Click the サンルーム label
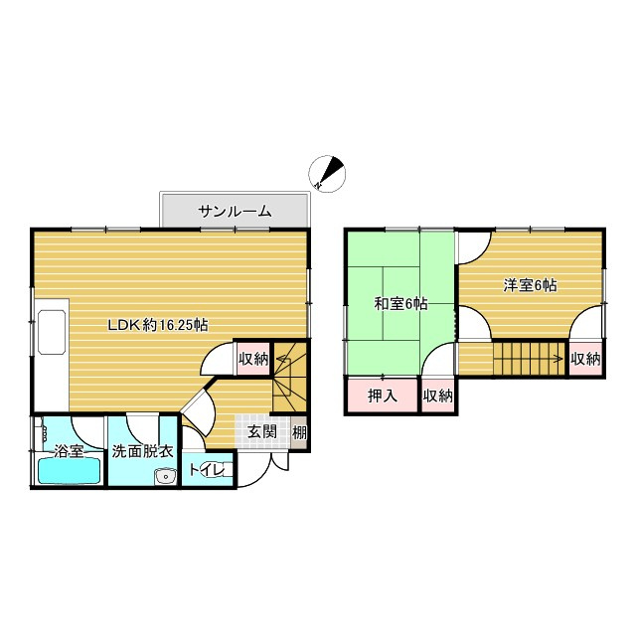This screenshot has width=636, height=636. pos(235,212)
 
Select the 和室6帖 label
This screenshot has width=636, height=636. pos(400,304)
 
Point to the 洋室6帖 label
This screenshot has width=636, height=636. pos(529,285)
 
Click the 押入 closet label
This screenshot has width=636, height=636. pos(383,396)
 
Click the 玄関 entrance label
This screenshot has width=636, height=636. pos(262,431)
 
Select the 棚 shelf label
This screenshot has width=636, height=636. pos(299,432)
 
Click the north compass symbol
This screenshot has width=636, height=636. pos(327,173)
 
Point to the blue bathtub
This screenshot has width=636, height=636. pos(68,471)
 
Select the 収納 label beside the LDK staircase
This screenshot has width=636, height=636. pos(253,359)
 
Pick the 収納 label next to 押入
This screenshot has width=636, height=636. pos(438,396)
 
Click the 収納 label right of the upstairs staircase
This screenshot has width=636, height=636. pos(586,358)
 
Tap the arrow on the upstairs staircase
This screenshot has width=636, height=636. pos(549,357)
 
